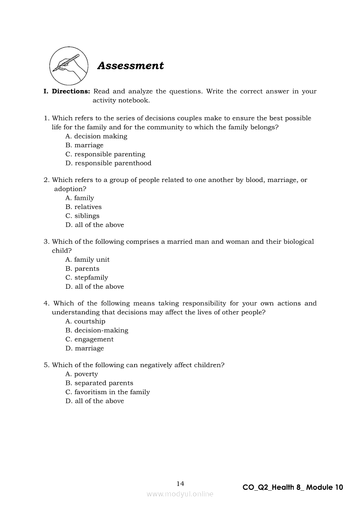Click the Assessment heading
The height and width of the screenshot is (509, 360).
coord(130,66)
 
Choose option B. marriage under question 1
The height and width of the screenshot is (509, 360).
coord(85,145)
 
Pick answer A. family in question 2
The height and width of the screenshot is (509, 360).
coord(80,198)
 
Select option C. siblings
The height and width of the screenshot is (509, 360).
coord(82,216)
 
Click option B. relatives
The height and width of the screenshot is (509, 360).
coord(84,207)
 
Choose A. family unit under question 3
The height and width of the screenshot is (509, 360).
coord(88,260)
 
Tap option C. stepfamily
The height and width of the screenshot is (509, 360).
coord(87,278)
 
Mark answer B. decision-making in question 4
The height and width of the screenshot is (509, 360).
coord(97,330)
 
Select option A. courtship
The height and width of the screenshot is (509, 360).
coord(85,322)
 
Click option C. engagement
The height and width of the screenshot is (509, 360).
coord(89,340)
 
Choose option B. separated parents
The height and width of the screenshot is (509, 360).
coord(99,383)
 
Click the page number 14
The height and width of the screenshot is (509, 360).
coord(180,484)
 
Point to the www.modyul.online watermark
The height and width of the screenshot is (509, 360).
coord(180,494)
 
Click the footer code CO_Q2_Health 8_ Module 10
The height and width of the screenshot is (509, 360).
coord(293,488)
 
